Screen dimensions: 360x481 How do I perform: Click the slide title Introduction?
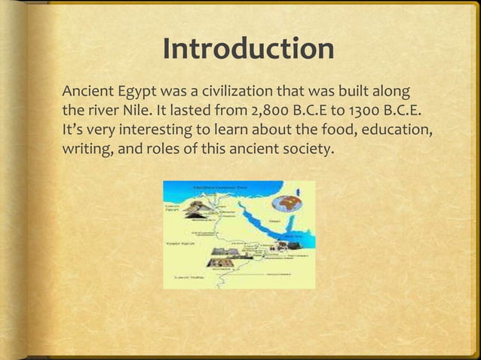(248, 50)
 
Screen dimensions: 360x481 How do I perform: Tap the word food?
(345, 130)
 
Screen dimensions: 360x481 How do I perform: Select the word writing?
(84, 148)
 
